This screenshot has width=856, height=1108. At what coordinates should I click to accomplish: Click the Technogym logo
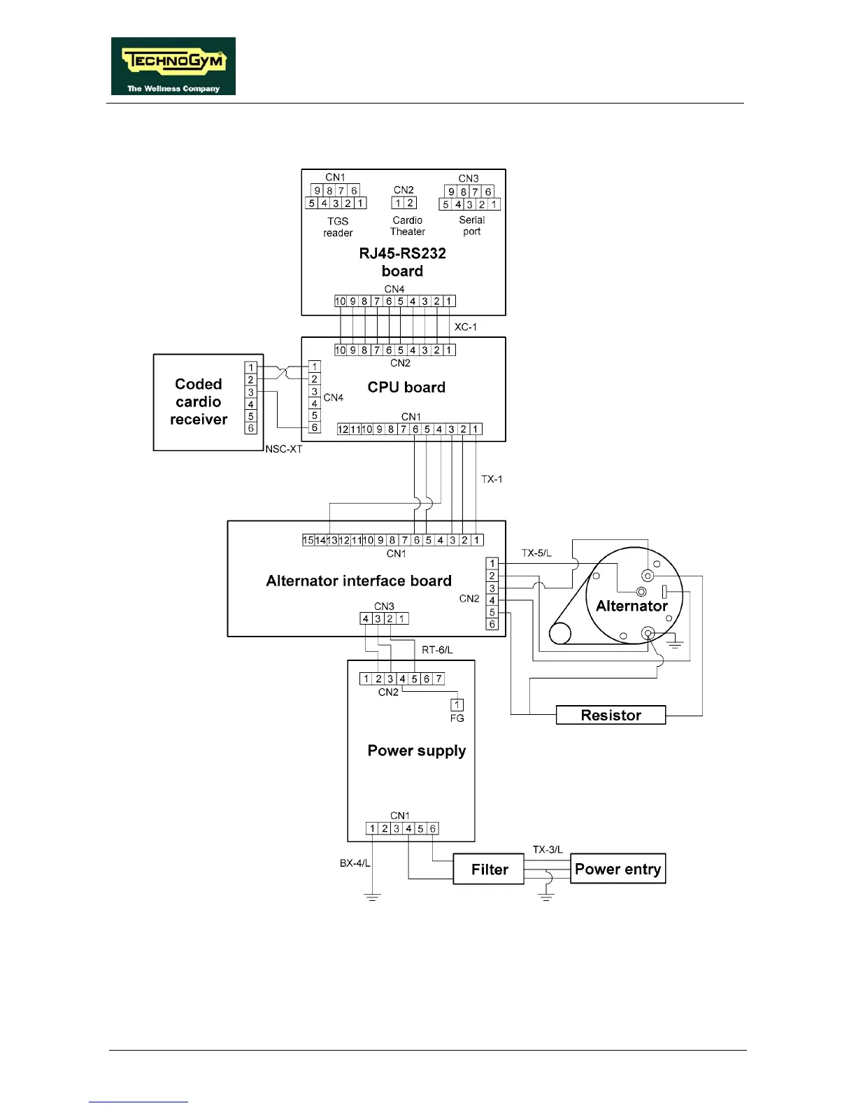(173, 66)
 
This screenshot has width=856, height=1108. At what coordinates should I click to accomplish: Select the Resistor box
(611, 715)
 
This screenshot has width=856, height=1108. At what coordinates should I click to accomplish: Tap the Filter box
(489, 869)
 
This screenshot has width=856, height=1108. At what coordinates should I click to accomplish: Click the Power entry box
(618, 869)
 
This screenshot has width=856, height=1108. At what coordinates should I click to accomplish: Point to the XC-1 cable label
(466, 327)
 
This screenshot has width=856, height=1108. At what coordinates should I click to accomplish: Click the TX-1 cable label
(492, 479)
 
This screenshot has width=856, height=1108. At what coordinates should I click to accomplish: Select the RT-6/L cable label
(437, 650)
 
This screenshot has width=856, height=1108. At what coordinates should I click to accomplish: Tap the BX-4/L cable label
(355, 863)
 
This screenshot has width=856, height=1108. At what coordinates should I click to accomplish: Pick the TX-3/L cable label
(548, 849)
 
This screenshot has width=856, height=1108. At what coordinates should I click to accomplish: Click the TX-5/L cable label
(536, 553)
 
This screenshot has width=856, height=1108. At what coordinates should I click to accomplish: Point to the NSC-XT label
(284, 449)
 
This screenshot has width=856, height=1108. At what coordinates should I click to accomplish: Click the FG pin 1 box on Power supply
(457, 705)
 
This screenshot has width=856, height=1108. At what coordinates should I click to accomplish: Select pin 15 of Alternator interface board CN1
(308, 540)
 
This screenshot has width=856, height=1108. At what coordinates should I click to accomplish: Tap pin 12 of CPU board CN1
(343, 429)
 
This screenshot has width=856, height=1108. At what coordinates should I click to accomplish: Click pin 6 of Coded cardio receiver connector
(251, 428)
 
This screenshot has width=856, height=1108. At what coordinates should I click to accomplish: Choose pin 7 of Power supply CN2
(438, 679)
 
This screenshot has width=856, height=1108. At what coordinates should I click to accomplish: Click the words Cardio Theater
(407, 226)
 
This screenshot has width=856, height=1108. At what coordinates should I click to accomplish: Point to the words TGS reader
(338, 227)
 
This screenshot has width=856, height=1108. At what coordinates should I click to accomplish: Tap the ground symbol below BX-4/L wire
(372, 897)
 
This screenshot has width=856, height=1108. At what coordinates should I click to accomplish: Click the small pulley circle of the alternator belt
(559, 634)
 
